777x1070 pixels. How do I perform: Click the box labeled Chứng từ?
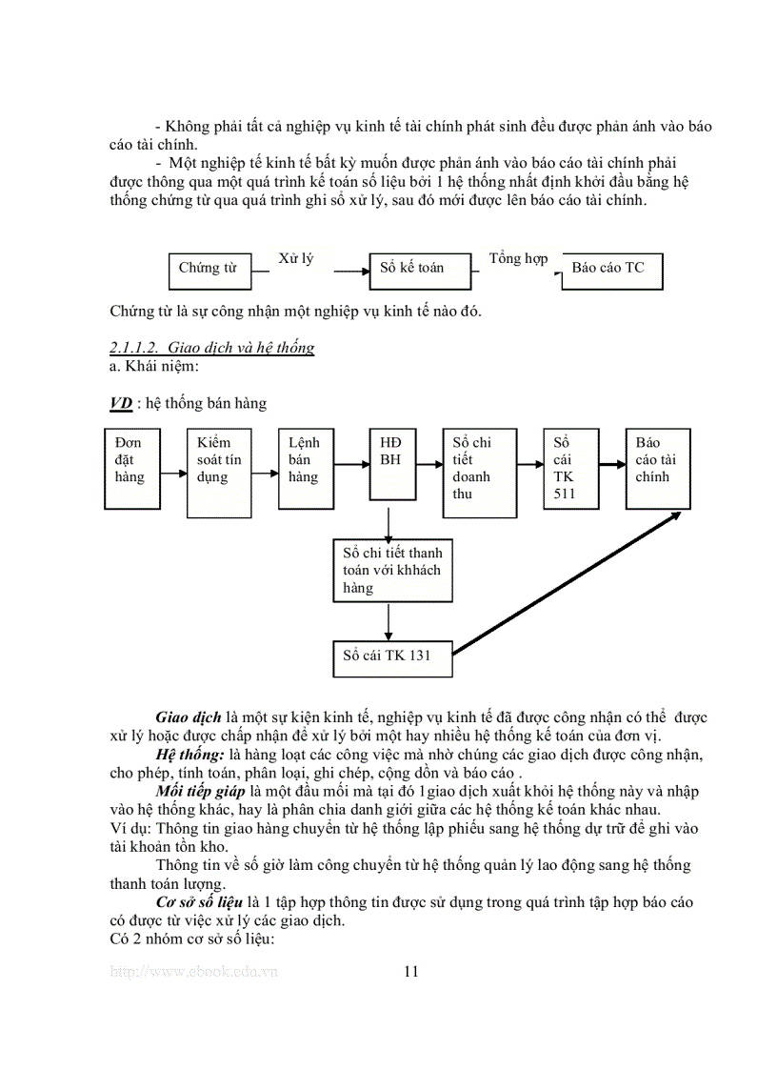(209, 270)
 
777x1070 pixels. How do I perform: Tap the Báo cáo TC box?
(612, 270)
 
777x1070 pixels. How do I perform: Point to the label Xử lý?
(295, 259)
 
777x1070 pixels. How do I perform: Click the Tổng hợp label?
(519, 259)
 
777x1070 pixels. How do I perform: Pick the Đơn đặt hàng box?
(131, 468)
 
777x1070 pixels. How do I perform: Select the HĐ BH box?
(391, 463)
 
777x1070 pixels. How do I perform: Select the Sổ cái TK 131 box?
(389, 656)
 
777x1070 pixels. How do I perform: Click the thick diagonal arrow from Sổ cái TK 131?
(567, 583)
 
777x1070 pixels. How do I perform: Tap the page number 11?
(411, 972)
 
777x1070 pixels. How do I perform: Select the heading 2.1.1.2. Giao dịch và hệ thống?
(211, 348)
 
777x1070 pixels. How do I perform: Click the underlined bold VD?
(120, 403)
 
